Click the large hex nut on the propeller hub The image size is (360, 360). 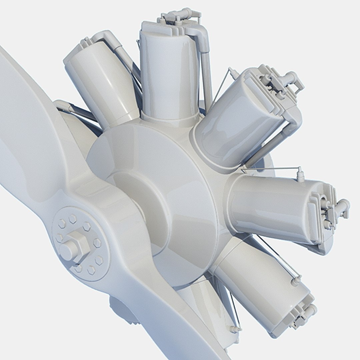point(76,245)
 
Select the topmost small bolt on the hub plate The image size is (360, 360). point(72,219)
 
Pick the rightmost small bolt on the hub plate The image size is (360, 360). point(97,242)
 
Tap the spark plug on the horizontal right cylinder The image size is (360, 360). point(300,175)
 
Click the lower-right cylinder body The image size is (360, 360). point(263,283)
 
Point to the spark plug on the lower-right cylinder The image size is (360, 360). point(296,281)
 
